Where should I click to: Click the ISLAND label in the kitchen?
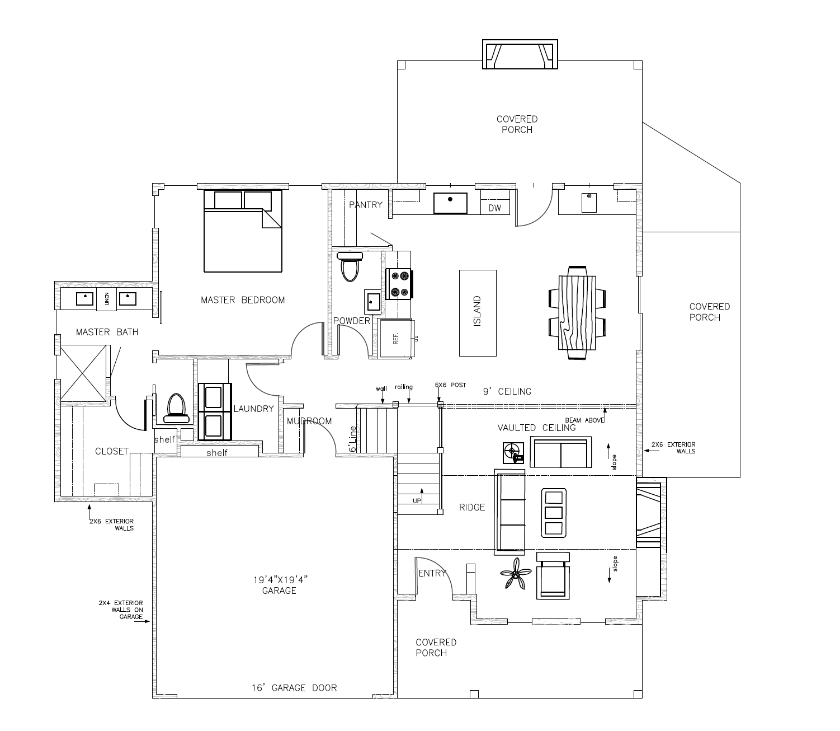[x=477, y=311]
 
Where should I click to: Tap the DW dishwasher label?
[x=495, y=208]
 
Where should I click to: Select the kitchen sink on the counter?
[x=450, y=203]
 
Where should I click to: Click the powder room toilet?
[x=350, y=266]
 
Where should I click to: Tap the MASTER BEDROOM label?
[x=243, y=300]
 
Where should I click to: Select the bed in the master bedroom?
[x=243, y=231]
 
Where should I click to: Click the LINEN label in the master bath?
[x=107, y=299]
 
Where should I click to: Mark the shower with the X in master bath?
[x=84, y=373]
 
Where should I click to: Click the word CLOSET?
[x=112, y=451]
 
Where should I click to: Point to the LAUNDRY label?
[x=254, y=409]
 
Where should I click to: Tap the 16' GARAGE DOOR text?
[x=294, y=688]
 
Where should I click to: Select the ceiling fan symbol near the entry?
[x=516, y=573]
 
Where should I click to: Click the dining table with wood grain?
[x=577, y=313]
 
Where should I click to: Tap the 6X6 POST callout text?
[x=450, y=385]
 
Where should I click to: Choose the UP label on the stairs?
[x=417, y=501]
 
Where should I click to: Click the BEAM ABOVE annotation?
[x=585, y=420]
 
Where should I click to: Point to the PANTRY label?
[x=365, y=205]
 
